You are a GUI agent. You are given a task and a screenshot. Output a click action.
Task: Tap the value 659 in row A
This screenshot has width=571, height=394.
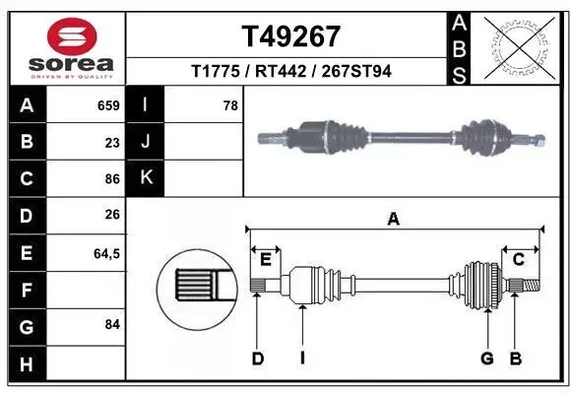(x=108, y=105)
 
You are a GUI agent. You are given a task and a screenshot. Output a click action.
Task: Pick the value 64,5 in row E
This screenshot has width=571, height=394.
(x=106, y=253)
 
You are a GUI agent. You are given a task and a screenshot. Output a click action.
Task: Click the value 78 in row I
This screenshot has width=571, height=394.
(x=230, y=105)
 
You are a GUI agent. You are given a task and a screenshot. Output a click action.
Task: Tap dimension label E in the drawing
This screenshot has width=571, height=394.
(x=266, y=259)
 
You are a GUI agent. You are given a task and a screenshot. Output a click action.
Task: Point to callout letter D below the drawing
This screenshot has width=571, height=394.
(x=257, y=359)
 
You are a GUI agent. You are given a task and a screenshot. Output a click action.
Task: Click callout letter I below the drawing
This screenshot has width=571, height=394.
(x=302, y=359)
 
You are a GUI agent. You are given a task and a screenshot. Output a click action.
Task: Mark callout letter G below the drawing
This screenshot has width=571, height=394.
(x=486, y=359)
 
